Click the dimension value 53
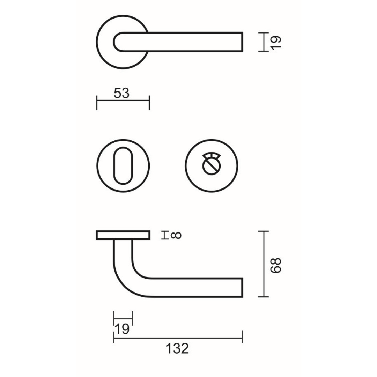coord(121,94)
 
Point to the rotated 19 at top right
coord(276,42)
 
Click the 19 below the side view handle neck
coord(122,329)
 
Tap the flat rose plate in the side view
coord(123,235)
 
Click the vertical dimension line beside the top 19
coord(264,42)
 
